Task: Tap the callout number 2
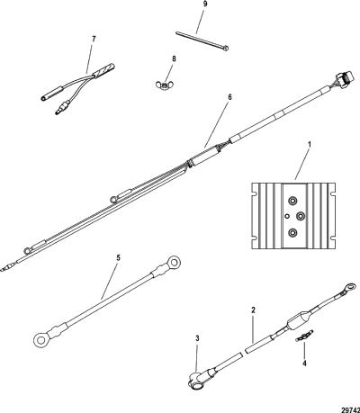253,310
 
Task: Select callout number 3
197,338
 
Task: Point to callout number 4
304,364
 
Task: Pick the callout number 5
118,257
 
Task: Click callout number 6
229,97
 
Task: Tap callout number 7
94,39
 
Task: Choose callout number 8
174,58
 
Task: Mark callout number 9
205,4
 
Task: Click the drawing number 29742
350,409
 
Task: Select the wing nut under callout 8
164,85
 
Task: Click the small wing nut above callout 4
304,336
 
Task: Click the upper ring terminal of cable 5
173,264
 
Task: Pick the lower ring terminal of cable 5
41,339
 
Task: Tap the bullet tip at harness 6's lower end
5,268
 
